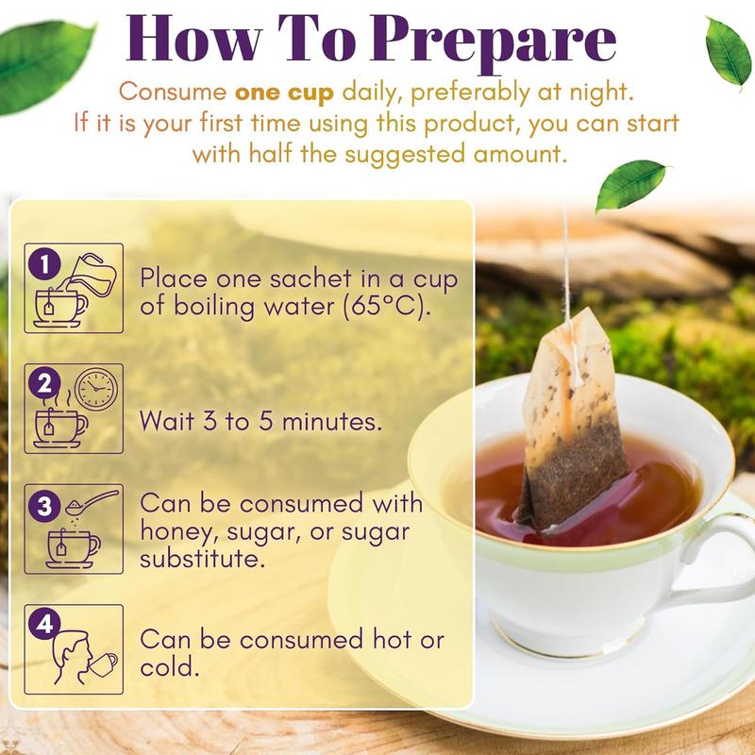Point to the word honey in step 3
(x=171, y=531)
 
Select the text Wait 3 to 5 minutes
(x=260, y=421)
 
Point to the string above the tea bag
(x=566, y=264)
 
